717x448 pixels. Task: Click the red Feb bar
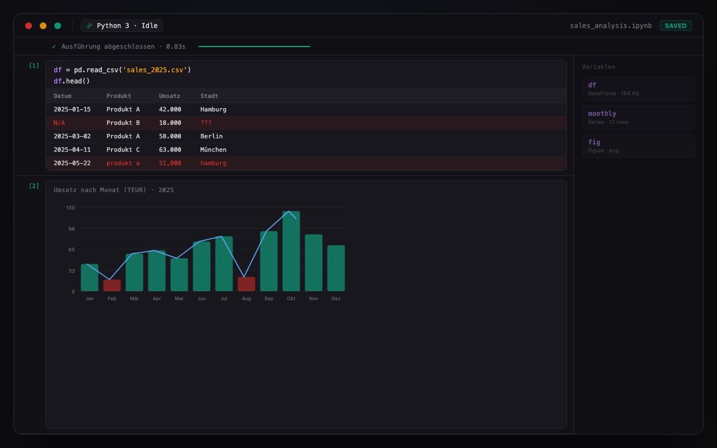(111, 286)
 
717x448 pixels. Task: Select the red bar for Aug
(246, 284)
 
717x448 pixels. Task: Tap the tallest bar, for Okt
(291, 251)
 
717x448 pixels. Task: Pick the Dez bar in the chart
(336, 268)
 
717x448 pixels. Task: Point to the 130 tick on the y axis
(71, 208)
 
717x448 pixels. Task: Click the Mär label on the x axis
(134, 298)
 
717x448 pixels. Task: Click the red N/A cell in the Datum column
(59, 123)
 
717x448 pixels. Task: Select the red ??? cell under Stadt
(206, 123)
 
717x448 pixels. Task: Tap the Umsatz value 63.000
(170, 150)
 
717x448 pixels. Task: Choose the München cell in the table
(213, 150)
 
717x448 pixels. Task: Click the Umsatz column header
(169, 96)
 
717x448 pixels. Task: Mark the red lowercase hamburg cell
(213, 163)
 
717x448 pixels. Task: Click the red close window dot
(29, 26)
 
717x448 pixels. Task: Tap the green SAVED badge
(676, 26)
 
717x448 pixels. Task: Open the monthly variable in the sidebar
(638, 117)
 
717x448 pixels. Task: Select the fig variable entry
(638, 146)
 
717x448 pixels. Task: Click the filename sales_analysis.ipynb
(611, 26)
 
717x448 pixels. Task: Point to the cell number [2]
(34, 186)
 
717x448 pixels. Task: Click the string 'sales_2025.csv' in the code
(155, 70)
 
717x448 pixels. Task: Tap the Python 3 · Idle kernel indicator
(122, 26)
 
